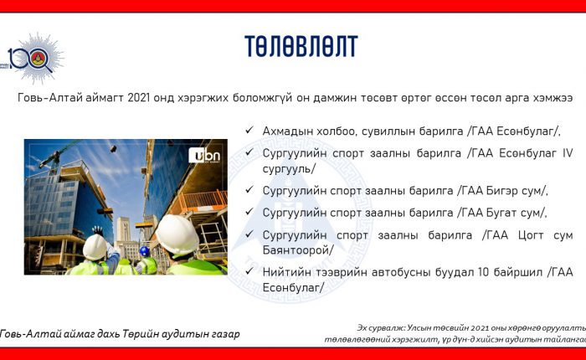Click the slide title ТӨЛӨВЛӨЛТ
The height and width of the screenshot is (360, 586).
[301, 46]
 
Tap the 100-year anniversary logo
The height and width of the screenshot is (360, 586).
[33, 59]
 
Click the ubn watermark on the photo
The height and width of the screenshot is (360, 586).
[204, 155]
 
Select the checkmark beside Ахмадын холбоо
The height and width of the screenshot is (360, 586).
[249, 130]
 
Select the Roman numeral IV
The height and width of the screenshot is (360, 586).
[568, 153]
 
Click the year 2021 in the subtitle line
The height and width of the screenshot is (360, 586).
[139, 98]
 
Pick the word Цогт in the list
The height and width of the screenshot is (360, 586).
[531, 235]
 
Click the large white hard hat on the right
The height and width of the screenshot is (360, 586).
[177, 234]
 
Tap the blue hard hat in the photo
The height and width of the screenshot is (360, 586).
[145, 251]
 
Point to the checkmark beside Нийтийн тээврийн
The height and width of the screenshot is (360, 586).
[249, 271]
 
